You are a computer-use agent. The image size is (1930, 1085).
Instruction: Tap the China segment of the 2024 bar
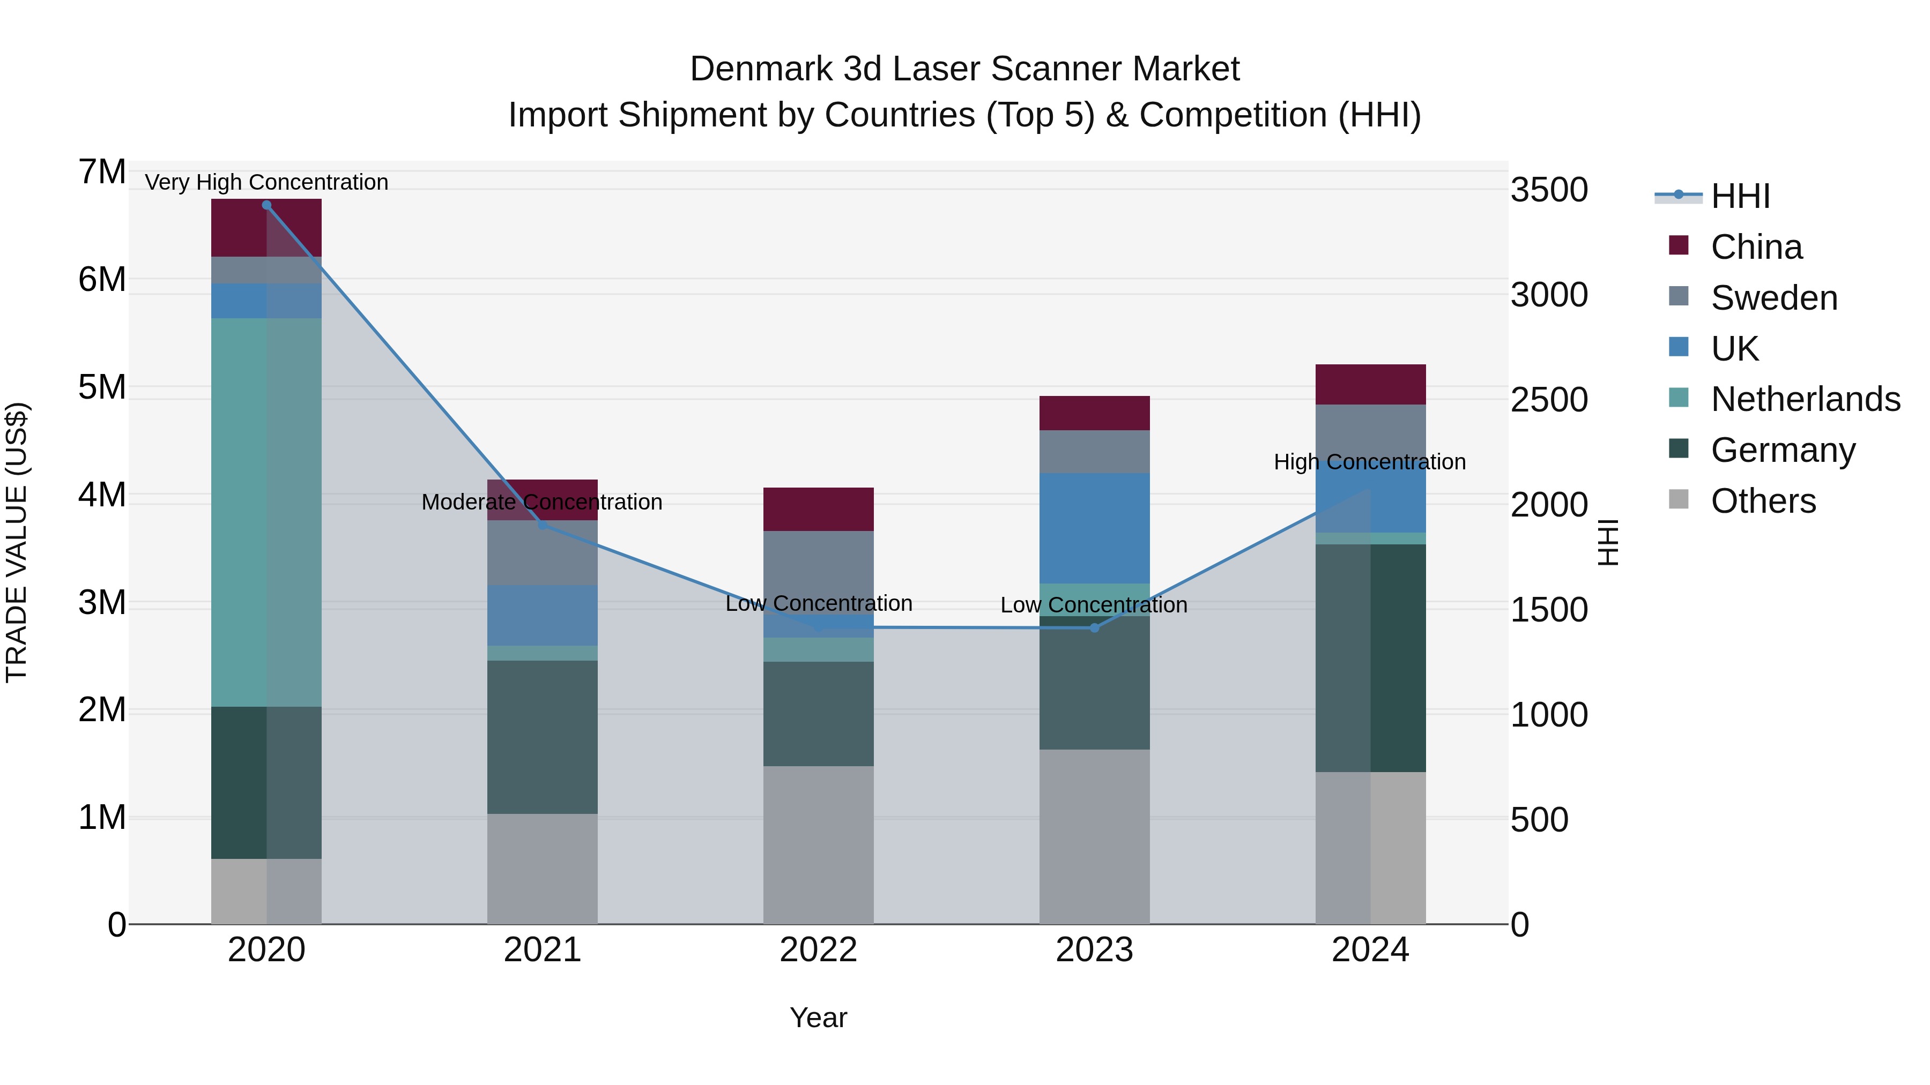click(x=1370, y=384)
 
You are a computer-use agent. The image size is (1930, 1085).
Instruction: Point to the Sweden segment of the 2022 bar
click(x=818, y=565)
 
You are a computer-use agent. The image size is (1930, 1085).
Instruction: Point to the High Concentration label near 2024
click(x=1370, y=462)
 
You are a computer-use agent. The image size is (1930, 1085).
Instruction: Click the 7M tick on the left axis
click(x=102, y=172)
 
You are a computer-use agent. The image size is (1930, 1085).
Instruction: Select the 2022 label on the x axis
click(x=818, y=950)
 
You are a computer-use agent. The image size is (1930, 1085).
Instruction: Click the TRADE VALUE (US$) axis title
click(x=17, y=542)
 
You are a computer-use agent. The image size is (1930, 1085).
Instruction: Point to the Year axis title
click(x=818, y=1017)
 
